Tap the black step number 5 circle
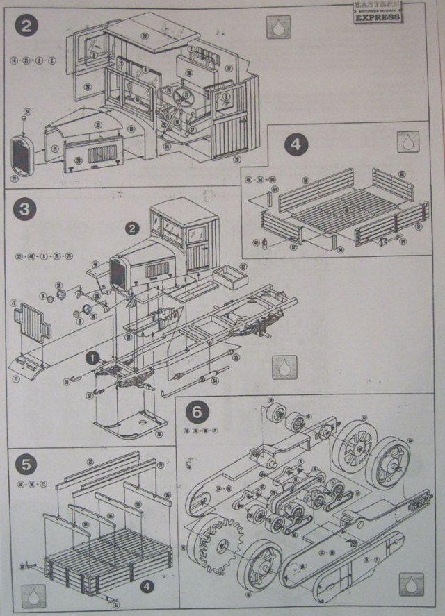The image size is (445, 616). [x=23, y=461]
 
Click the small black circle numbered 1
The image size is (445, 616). [x=91, y=358]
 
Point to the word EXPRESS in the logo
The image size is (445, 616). [x=378, y=17]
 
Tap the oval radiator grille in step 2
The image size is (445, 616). [x=22, y=156]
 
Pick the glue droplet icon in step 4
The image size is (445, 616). [x=405, y=142]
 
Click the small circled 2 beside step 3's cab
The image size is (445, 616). [x=131, y=227]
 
